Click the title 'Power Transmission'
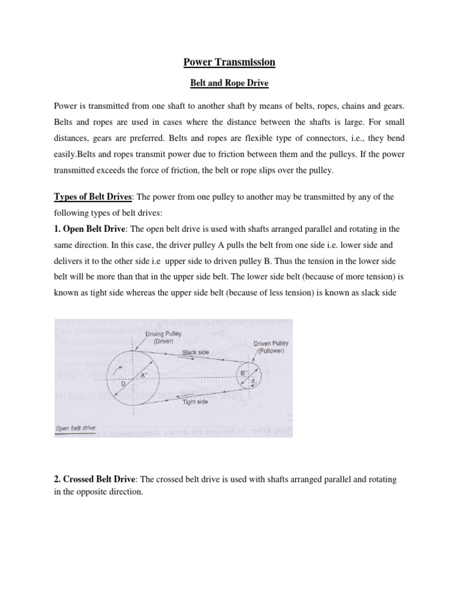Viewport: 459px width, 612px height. coord(229,62)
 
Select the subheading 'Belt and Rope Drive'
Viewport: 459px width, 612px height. coord(229,84)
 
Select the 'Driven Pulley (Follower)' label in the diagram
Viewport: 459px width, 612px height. coord(271,347)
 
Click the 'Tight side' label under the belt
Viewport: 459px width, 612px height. coord(194,403)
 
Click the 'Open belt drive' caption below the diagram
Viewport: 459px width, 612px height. coord(75,428)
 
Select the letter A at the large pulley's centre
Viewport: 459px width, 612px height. coord(143,375)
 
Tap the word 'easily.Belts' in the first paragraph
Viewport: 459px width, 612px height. coord(75,154)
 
